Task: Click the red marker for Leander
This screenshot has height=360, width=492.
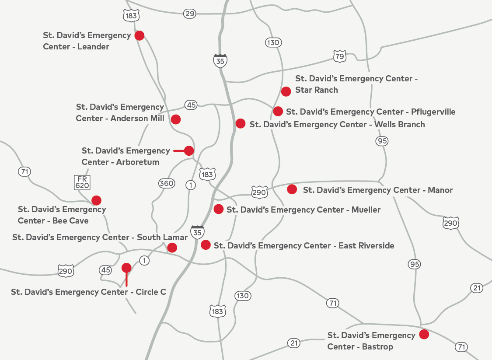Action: tap(139, 35)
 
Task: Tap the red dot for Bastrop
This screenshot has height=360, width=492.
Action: tap(424, 335)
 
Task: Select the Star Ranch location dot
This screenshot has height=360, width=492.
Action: tap(286, 91)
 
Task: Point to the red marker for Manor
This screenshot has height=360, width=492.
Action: tap(292, 189)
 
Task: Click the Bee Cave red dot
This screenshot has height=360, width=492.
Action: tap(96, 200)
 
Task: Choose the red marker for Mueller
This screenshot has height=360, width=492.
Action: tap(218, 209)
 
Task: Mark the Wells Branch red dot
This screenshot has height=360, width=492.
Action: tap(240, 123)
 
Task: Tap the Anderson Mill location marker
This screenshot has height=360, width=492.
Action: tap(176, 119)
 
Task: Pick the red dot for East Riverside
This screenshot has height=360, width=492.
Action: tap(206, 245)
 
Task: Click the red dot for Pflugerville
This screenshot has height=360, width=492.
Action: tap(278, 111)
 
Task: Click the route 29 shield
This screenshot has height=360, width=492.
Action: tap(189, 14)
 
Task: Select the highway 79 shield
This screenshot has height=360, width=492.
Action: tap(339, 56)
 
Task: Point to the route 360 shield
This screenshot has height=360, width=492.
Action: tap(167, 183)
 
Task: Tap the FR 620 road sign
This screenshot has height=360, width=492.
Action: tap(82, 182)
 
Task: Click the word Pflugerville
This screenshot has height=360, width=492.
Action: tap(433, 112)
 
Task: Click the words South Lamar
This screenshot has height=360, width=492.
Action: tap(162, 237)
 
